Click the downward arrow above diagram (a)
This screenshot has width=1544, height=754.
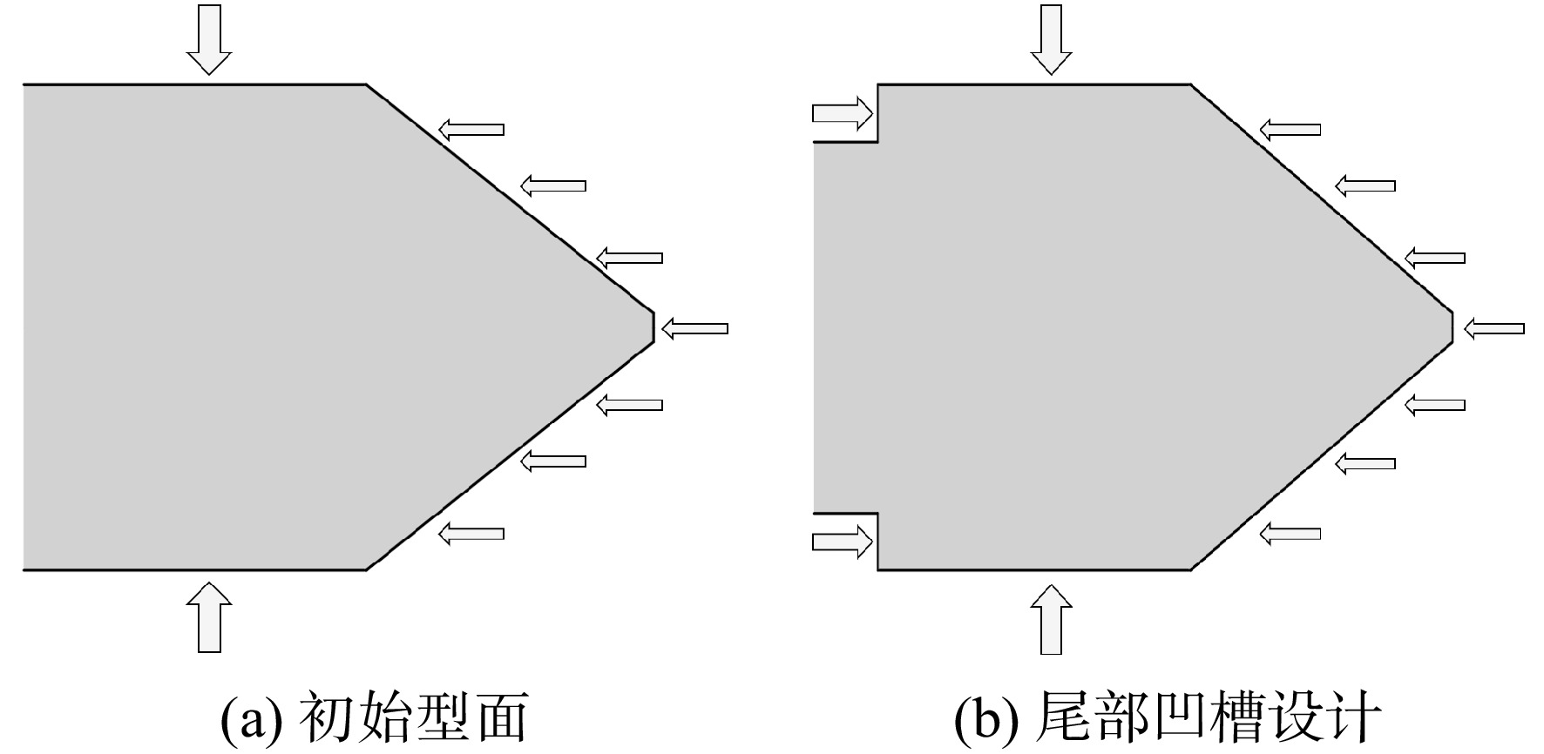209,39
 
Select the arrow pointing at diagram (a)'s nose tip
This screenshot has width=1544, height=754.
694,328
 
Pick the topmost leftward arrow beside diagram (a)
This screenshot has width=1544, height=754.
471,130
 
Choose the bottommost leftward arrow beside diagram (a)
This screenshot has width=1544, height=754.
471,533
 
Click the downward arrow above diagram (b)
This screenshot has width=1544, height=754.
1052,39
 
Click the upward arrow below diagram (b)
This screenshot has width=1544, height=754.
1052,618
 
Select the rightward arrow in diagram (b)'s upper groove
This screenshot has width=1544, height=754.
843,112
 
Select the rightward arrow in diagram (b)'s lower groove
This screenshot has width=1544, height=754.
843,542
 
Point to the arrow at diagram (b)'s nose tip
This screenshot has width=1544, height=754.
1494,328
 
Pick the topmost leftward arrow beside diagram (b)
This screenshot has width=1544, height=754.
1290,130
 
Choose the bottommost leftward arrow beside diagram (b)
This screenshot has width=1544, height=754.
1290,533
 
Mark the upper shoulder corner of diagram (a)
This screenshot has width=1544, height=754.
366,84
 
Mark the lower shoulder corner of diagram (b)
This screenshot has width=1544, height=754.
1191,570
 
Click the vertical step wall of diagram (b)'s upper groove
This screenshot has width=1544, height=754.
877,113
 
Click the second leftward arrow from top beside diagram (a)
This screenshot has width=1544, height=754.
553,185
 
